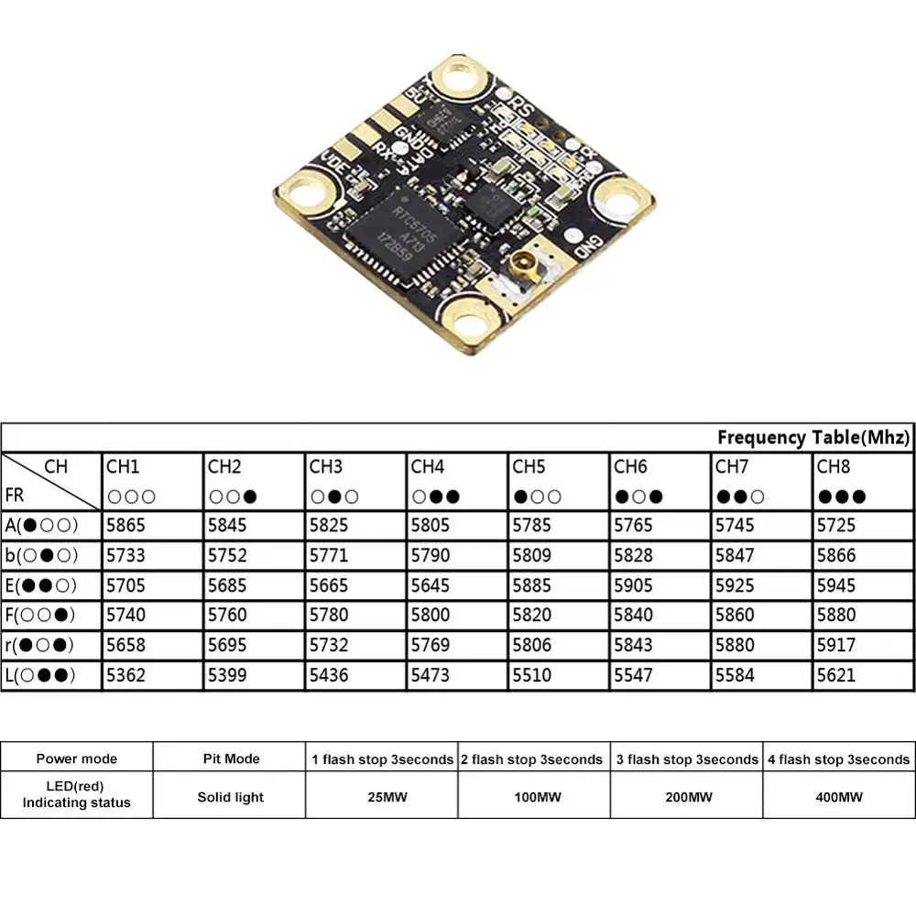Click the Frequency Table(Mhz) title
[x=812, y=437]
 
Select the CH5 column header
[x=529, y=467]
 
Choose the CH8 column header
[x=833, y=467]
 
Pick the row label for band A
[x=42, y=525]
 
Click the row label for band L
[x=42, y=676]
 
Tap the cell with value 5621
[x=835, y=676]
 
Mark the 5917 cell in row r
[x=835, y=646]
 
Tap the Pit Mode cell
[x=230, y=758]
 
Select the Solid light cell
[x=230, y=797]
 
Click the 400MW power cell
[x=837, y=797]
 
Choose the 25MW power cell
[x=382, y=797]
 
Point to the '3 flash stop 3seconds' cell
[x=685, y=758]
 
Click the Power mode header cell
[x=77, y=758]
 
